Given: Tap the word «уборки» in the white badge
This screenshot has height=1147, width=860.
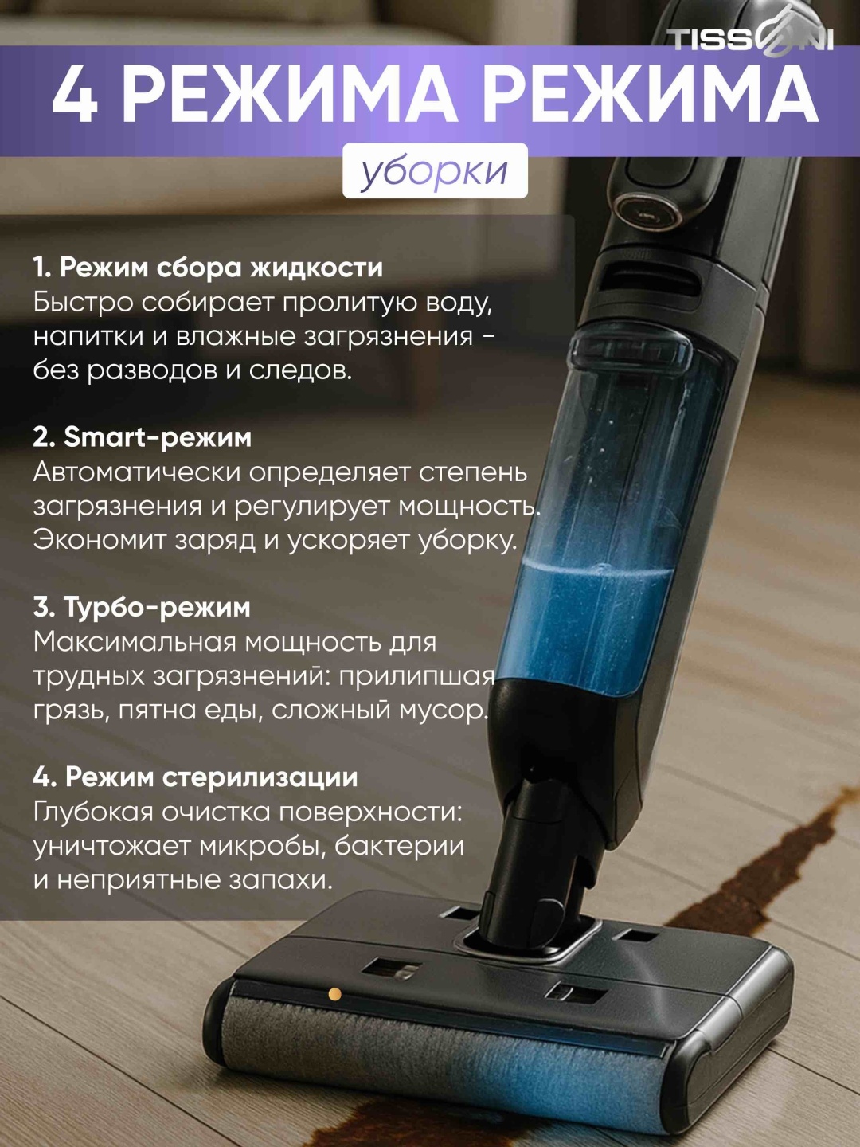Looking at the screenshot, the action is tap(435, 171).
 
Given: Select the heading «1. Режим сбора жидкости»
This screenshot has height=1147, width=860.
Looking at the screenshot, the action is tap(208, 268).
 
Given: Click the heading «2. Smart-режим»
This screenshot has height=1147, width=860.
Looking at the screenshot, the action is tap(142, 437).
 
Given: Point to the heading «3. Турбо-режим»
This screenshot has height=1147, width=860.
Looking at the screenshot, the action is tap(142, 608).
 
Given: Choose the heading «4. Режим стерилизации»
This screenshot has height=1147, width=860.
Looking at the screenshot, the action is tap(195, 777).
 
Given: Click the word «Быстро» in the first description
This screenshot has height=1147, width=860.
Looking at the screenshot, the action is tap(83, 303).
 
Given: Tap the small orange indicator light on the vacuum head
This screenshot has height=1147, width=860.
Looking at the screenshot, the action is tap(334, 994).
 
